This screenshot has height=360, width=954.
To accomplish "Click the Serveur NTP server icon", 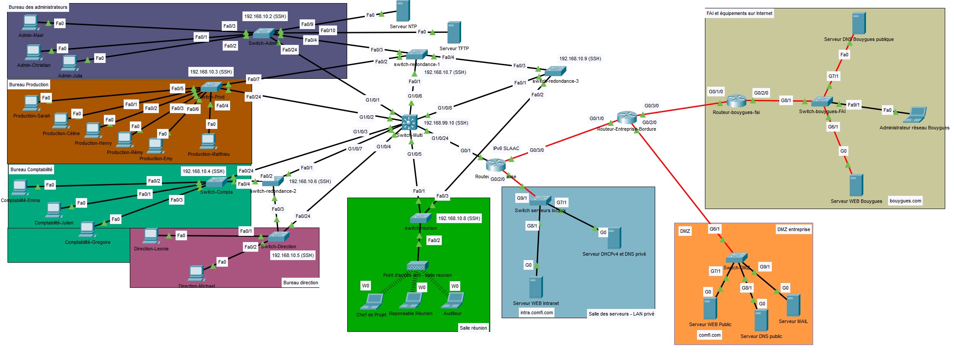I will point(403,11).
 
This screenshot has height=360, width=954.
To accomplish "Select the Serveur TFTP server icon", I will point(454,33).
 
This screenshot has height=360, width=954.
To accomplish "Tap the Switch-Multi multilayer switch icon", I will point(409,122).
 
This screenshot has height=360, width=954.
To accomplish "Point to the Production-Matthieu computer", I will point(208,142).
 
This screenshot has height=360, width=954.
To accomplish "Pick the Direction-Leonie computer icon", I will point(151,236).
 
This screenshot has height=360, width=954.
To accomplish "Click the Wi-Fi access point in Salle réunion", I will point(417,266).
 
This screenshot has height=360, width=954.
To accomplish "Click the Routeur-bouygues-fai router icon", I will point(736,101).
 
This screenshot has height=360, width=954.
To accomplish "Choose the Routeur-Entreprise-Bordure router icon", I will point(627,118).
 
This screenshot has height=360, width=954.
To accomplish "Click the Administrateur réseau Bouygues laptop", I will point(915,115).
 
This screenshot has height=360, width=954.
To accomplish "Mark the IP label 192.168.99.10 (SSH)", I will point(446,123).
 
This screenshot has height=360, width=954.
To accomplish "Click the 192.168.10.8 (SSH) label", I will point(459,218).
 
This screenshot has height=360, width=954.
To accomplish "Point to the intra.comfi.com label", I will point(536,312).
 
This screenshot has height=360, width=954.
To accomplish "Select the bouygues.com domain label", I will point(905,201).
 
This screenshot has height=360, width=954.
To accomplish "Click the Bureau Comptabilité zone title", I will point(31,169).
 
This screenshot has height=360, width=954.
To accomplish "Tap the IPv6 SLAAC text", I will point(506,148).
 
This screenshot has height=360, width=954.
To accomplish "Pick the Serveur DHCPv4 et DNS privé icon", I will point(614,238).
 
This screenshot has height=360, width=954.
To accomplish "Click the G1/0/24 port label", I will point(440,138).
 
